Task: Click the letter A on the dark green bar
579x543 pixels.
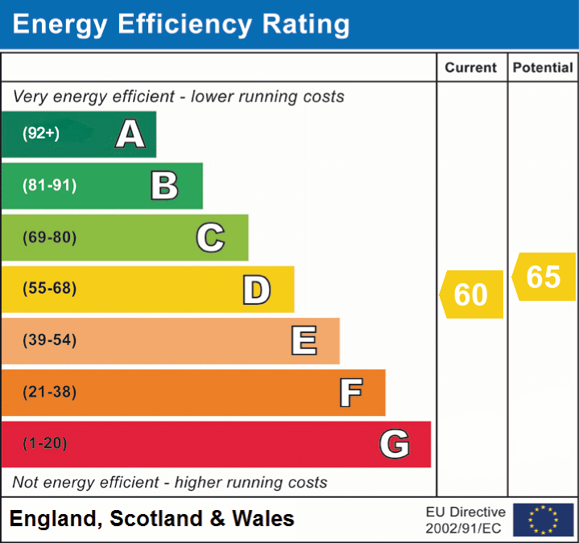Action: pos(130,134)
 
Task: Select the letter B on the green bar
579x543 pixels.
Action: pos(164,186)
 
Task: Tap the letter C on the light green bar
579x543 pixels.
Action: pos(210,237)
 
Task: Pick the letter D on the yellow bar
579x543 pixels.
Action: pos(256,290)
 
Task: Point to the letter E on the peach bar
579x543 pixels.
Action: pos(304,341)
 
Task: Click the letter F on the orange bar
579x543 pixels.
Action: pos(350,393)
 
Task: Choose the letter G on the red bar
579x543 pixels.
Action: pos(395,444)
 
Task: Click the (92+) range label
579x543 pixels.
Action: pos(41,134)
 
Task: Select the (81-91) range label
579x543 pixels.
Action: pos(49,186)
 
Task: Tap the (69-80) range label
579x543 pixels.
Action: pos(49,237)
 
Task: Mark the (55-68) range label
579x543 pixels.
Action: pos(49,289)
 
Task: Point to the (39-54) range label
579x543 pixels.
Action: pos(49,340)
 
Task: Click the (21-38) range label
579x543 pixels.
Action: pos(49,393)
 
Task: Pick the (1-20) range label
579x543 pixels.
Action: pos(45,443)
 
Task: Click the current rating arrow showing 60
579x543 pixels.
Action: pos(472,294)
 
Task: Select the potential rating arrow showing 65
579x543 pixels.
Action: pos(544,277)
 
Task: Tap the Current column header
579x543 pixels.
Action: pos(471,68)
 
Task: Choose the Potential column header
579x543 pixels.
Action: pos(543,68)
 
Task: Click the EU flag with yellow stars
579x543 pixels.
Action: pos(543,520)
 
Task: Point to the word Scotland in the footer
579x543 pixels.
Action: pos(156,519)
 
